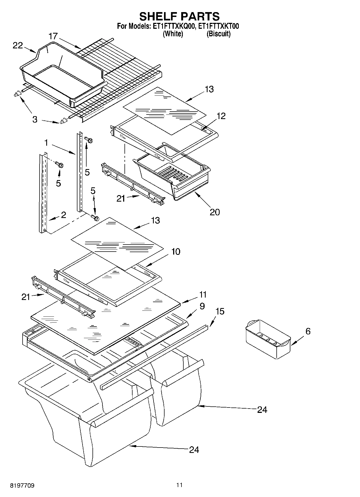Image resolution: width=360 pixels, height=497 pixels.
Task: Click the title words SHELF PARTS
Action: pyautogui.click(x=179, y=16)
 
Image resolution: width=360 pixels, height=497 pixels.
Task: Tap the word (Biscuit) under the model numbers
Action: pyautogui.click(x=218, y=34)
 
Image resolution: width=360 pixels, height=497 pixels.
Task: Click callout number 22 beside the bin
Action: pyautogui.click(x=18, y=45)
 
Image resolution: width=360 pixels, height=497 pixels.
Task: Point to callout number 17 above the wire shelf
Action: pyautogui.click(x=53, y=36)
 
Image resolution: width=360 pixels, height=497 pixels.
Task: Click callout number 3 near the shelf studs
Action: pyautogui.click(x=35, y=119)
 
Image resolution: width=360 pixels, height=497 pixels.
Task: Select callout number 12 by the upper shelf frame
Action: pyautogui.click(x=221, y=116)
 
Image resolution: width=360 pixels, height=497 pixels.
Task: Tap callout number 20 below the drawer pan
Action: pyautogui.click(x=215, y=212)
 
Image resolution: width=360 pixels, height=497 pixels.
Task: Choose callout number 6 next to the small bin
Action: pyautogui.click(x=308, y=331)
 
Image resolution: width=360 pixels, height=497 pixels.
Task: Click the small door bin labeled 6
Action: pyautogui.click(x=268, y=339)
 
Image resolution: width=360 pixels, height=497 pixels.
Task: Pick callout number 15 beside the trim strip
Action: pyautogui.click(x=220, y=311)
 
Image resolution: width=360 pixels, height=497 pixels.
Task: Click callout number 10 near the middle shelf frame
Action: pyautogui.click(x=176, y=252)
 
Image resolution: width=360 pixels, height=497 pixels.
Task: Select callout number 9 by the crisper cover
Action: pyautogui.click(x=202, y=306)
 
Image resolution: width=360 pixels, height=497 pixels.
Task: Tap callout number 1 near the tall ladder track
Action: pyautogui.click(x=46, y=143)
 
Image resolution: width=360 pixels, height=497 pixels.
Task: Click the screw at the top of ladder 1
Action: pyautogui.click(x=89, y=140)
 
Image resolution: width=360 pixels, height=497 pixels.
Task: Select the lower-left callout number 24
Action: pyautogui.click(x=194, y=449)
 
